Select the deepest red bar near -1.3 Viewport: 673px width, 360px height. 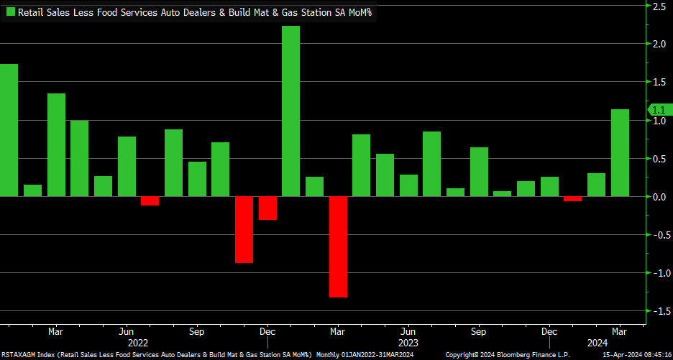pyautogui.click(x=338, y=246)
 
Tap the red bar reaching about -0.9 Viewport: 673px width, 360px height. pyautogui.click(x=244, y=229)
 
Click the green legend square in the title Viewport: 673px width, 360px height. pyautogui.click(x=10, y=12)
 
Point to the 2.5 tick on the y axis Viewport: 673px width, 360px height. pyautogui.click(x=659, y=6)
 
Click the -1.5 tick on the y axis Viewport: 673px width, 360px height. pyautogui.click(x=657, y=311)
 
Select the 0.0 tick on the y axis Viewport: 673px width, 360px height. pyautogui.click(x=659, y=197)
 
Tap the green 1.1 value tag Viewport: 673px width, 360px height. pyautogui.click(x=659, y=110)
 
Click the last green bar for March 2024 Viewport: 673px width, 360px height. pyautogui.click(x=620, y=152)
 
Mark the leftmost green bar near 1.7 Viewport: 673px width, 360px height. pyautogui.click(x=9, y=130)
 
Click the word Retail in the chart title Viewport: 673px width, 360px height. pyautogui.click(x=32, y=12)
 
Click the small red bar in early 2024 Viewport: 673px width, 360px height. pyautogui.click(x=573, y=198)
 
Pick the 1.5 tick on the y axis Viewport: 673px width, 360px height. pyautogui.click(x=659, y=83)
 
